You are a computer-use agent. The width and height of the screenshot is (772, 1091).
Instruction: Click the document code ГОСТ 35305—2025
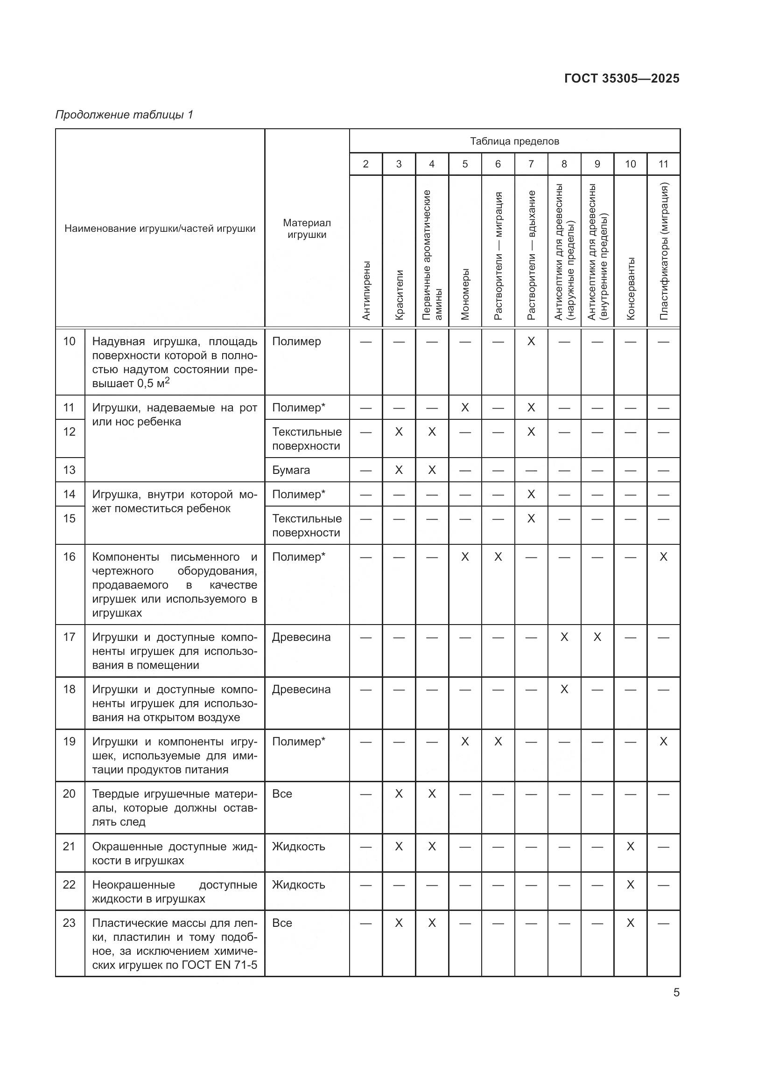621,78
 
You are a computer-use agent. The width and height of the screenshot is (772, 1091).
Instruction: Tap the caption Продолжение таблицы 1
124,115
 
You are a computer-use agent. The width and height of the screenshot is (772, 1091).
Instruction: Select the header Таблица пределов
514,141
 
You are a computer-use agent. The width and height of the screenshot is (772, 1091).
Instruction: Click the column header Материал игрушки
307,229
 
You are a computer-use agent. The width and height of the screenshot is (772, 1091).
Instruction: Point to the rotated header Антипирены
365,290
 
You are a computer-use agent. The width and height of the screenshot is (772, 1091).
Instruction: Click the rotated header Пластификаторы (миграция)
664,251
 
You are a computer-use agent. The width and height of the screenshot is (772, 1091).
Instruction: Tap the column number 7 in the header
531,164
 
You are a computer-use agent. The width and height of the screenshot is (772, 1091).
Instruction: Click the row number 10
70,341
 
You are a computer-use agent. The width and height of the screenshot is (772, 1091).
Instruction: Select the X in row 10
531,341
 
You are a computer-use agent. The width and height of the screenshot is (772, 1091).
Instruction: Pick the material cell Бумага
291,470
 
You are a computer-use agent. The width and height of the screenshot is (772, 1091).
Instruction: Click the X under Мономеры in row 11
465,407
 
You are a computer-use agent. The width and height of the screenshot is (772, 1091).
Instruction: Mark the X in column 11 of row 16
664,556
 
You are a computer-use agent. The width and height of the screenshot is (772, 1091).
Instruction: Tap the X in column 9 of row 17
597,637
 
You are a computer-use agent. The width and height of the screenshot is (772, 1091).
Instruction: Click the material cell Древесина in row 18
301,689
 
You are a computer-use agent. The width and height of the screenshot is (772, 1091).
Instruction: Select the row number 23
70,923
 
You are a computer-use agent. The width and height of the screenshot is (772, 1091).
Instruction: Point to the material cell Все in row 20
282,793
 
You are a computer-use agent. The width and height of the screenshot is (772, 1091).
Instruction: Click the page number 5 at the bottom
676,992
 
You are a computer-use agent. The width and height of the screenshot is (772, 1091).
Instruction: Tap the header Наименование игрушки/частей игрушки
160,229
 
